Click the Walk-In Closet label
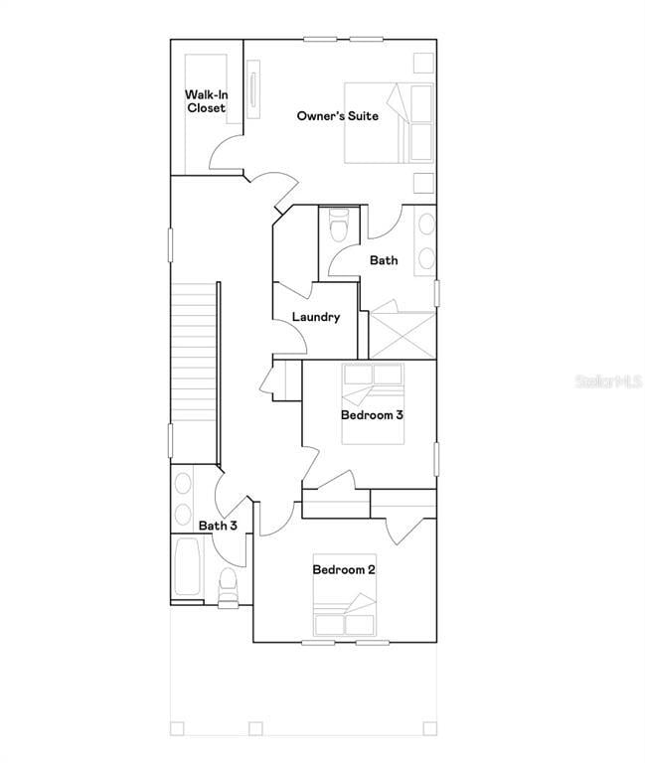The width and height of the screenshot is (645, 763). click(x=206, y=101)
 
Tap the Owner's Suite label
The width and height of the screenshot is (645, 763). click(x=337, y=116)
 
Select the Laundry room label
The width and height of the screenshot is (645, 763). click(x=316, y=317)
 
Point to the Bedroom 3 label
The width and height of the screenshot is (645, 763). click(x=372, y=414)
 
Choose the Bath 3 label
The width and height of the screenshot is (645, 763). click(x=217, y=526)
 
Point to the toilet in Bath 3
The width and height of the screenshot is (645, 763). click(x=228, y=585)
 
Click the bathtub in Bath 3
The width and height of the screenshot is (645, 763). click(x=186, y=568)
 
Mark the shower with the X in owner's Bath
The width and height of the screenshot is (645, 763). click(x=402, y=335)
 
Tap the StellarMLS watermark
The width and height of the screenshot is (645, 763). click(x=607, y=381)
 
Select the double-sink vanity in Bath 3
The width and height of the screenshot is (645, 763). click(x=183, y=499)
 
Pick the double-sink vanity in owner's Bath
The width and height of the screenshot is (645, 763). click(x=425, y=239)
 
